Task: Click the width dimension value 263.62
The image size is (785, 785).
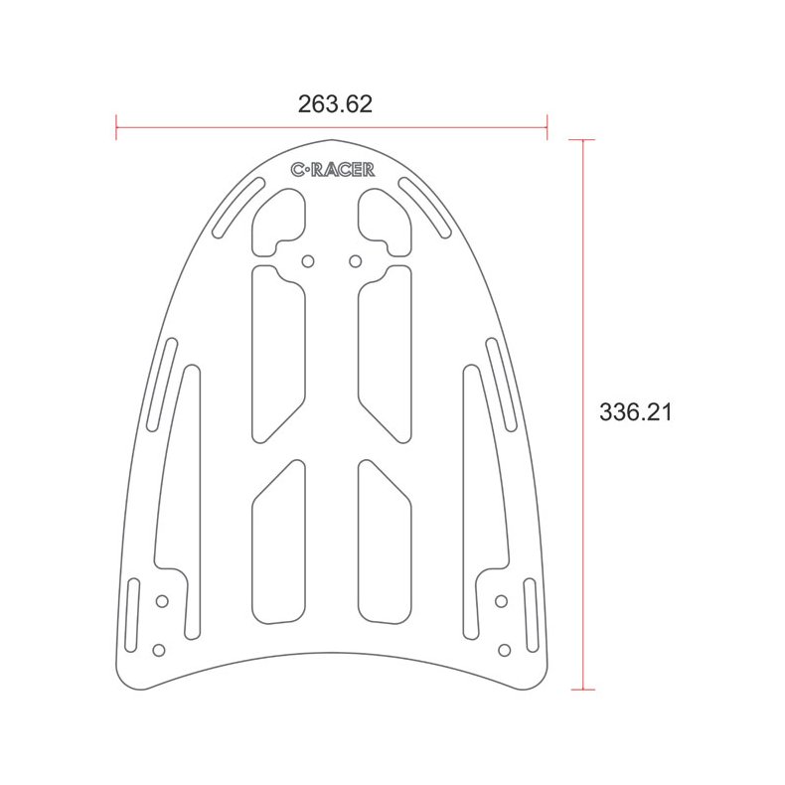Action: (335, 104)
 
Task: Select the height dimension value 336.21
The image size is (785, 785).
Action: (636, 411)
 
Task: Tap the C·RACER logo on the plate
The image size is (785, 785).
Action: (333, 170)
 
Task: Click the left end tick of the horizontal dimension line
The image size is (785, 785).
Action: (116, 125)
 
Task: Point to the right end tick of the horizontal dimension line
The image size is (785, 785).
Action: (548, 125)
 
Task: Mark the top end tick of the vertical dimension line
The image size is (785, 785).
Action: (582, 140)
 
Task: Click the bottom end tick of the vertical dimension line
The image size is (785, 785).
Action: (582, 689)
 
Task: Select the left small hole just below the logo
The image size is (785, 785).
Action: (308, 260)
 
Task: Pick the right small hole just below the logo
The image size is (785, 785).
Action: (355, 260)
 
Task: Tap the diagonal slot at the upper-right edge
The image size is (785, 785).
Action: (426, 209)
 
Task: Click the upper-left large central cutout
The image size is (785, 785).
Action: (278, 353)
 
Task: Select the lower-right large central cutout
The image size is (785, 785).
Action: (384, 542)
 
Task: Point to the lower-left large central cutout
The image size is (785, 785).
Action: (278, 542)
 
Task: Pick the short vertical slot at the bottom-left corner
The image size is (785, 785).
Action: (132, 615)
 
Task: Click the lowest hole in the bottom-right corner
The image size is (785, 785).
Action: (504, 650)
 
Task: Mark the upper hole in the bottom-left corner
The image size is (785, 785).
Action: (162, 601)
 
